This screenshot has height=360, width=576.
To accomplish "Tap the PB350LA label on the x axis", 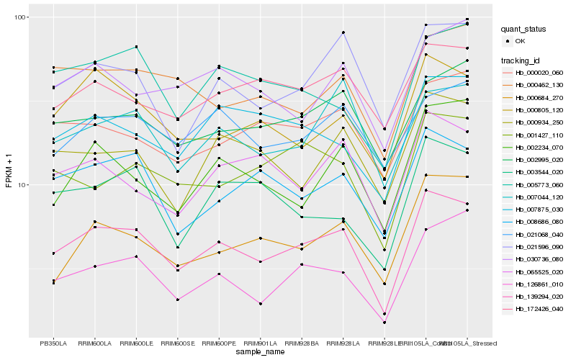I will pos(53,343).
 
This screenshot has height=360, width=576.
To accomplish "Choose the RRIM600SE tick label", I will pos(178,343).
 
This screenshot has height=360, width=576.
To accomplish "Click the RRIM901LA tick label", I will pos(261,343).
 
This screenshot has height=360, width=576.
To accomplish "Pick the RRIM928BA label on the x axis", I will pos(302,343).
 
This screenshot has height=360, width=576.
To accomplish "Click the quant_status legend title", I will pos(525,30).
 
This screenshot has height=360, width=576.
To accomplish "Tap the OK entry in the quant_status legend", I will pos(521,42).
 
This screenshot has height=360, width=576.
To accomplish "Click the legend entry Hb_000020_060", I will pos(539,73).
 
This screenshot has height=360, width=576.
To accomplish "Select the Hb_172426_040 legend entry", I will pos(539,308).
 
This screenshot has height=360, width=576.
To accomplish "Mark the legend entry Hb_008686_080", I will pos(539,222).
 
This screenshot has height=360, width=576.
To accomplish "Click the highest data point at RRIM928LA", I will pos(343,32).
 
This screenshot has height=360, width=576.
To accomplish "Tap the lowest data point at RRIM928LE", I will pos(384,323).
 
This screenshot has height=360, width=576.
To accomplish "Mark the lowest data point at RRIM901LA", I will pos(261,304).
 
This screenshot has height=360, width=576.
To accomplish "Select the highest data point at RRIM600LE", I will pos(136,47).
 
